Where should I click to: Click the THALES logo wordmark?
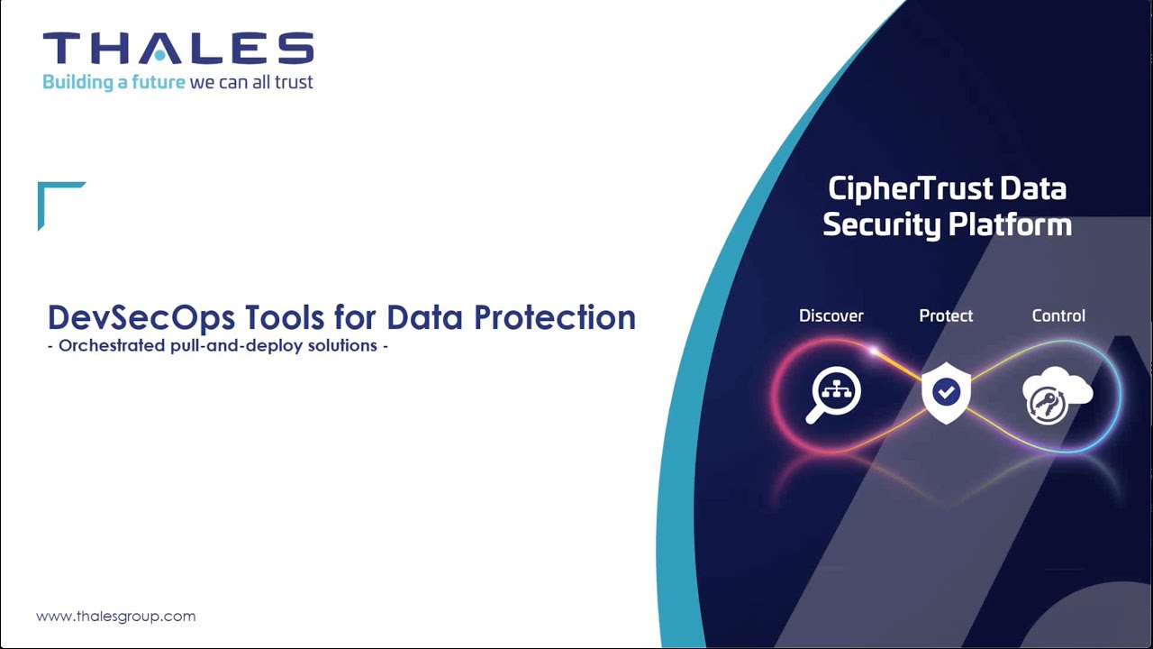click(178, 49)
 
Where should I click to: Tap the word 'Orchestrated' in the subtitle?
click(110, 346)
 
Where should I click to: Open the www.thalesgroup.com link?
click(115, 617)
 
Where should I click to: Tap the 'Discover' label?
click(831, 315)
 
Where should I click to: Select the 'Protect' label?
click(946, 315)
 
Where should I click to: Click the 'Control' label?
click(1058, 315)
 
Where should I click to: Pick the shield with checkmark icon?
click(946, 393)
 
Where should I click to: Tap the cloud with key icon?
click(1056, 395)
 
